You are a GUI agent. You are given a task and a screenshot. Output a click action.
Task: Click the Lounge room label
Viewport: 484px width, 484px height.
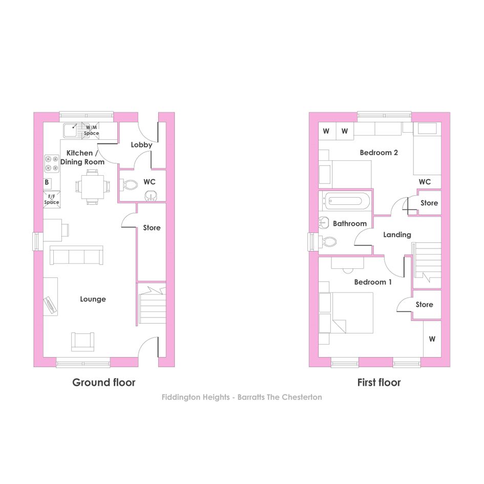click(x=93, y=299)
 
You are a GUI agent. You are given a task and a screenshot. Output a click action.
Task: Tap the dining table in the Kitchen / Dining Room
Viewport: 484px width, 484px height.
click(x=93, y=187)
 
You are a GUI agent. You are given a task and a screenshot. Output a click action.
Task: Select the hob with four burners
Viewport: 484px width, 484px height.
click(x=52, y=163)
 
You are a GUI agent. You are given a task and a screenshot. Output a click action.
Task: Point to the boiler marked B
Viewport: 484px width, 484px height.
click(x=47, y=183)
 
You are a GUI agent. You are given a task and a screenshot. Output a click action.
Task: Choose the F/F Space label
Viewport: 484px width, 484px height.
click(x=52, y=199)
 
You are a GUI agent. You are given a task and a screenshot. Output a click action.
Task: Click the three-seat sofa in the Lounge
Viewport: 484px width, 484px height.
click(x=76, y=255)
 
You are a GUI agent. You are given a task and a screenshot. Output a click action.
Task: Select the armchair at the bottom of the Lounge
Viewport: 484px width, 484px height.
click(x=83, y=342)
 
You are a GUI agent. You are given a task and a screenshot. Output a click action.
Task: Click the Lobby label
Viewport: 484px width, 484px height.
click(x=141, y=145)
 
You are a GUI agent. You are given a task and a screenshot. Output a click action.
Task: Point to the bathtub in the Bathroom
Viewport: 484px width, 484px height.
click(x=345, y=201)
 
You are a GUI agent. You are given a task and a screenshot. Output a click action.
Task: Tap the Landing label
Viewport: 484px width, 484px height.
click(x=397, y=235)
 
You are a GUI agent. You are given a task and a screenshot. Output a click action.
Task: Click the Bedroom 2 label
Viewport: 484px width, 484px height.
click(x=378, y=153)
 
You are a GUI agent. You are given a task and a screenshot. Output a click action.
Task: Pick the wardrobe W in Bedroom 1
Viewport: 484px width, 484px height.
click(x=432, y=339)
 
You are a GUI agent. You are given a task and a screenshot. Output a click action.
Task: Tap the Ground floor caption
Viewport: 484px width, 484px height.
click(x=103, y=383)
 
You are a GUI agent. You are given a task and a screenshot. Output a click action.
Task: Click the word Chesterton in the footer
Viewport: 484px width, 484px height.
click(x=302, y=397)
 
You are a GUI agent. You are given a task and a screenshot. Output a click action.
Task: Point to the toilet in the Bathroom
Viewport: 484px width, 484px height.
click(x=328, y=241)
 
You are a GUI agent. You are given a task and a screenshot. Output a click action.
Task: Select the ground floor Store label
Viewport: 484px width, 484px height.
click(x=152, y=228)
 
